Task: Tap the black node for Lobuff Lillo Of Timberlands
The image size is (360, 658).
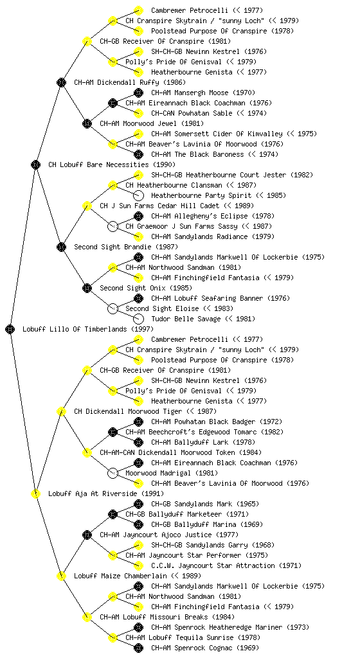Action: pyautogui.click(x=10, y=329)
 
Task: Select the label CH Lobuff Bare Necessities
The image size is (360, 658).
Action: pyautogui.click(x=98, y=164)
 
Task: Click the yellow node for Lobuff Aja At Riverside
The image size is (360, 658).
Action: pyautogui.click(x=35, y=493)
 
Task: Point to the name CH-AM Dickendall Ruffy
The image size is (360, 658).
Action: pyautogui.click(x=116, y=82)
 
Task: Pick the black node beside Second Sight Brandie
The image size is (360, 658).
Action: pyautogui.click(x=61, y=247)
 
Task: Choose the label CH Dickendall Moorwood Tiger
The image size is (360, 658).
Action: pyautogui.click(x=128, y=411)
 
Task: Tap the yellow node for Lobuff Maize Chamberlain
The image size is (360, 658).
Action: pyautogui.click(x=61, y=576)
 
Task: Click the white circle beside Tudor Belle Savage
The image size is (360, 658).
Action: pyautogui.click(x=138, y=319)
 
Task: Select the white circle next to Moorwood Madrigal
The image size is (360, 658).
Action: pyautogui.click(x=113, y=473)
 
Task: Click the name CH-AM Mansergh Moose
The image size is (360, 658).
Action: pyautogui.click(x=190, y=93)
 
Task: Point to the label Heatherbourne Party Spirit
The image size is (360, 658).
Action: pyautogui.click(x=201, y=195)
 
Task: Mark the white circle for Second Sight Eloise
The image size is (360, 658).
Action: pyautogui.click(x=113, y=308)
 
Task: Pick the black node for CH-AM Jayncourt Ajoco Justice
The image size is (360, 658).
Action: pyautogui.click(x=87, y=535)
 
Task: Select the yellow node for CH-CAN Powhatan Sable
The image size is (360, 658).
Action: pyautogui.click(x=138, y=113)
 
